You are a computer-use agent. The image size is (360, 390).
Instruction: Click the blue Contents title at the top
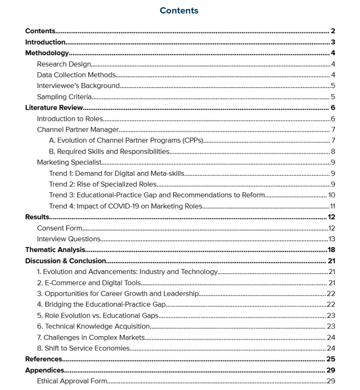(179, 10)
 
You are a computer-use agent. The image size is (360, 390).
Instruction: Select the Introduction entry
(45, 42)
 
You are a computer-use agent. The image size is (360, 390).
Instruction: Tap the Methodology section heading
(47, 53)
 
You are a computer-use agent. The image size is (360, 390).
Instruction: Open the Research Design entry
(64, 64)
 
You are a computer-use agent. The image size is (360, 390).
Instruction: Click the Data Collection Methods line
(76, 75)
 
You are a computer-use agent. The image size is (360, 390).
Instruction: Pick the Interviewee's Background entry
(78, 86)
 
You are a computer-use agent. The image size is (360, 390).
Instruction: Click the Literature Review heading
(54, 108)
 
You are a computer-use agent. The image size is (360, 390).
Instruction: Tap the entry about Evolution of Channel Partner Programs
(126, 141)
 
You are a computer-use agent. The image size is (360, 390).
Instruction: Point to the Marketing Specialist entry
(70, 162)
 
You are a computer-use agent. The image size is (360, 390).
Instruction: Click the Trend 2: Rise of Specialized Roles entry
(103, 184)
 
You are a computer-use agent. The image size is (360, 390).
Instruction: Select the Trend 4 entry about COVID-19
(126, 206)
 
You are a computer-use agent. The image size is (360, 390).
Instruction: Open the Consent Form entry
(60, 228)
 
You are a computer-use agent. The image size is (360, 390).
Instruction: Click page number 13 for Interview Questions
(332, 239)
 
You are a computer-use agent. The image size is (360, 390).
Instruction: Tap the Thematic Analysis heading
(55, 250)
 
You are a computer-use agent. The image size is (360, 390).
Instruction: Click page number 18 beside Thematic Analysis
(332, 250)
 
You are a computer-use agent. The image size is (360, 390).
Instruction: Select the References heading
(44, 359)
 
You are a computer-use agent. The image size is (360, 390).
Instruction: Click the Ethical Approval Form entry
(72, 381)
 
